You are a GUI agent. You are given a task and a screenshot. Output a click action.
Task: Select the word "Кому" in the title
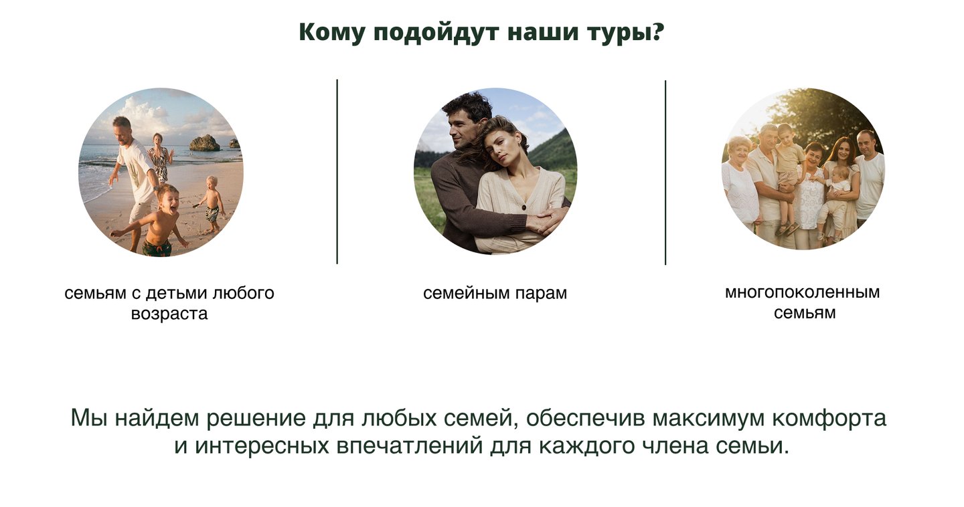click(x=331, y=32)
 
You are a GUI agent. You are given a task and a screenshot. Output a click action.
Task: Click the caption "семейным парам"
click(x=495, y=293)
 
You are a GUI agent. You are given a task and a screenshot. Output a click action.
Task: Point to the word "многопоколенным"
click(x=803, y=292)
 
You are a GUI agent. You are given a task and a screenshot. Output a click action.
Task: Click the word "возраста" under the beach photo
click(x=169, y=314)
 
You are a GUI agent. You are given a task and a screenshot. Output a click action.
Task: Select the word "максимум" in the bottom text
click(x=708, y=418)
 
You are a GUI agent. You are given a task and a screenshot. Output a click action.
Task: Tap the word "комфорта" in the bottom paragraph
click(x=829, y=419)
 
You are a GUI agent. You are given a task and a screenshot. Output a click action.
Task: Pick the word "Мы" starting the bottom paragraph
click(x=89, y=418)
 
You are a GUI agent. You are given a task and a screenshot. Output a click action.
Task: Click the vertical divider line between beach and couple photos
click(x=337, y=172)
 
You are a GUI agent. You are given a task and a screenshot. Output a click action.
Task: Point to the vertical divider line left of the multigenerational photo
click(x=665, y=173)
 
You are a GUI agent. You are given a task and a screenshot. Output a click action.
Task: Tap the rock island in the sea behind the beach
click(x=205, y=142)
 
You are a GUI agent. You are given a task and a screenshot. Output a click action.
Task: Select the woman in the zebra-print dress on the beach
click(x=159, y=159)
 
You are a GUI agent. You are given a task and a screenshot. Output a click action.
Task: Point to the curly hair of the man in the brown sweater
click(x=467, y=106)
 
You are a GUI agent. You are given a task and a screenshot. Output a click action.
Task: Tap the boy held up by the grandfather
click(x=789, y=172)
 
